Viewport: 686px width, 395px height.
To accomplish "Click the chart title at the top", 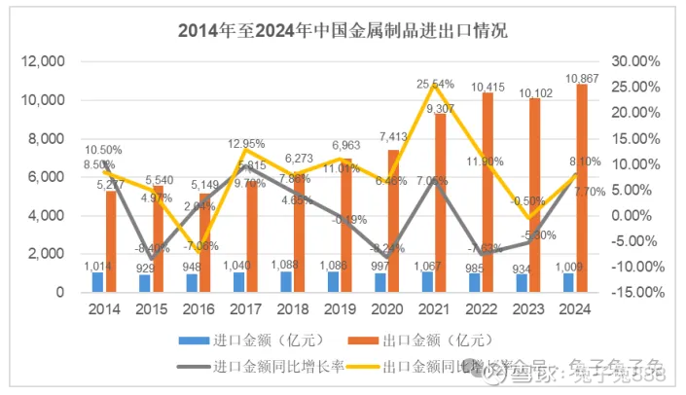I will point(343,30).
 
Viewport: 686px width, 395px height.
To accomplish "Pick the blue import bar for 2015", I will point(144,283).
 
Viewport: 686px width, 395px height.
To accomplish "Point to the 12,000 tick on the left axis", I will point(42,61).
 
